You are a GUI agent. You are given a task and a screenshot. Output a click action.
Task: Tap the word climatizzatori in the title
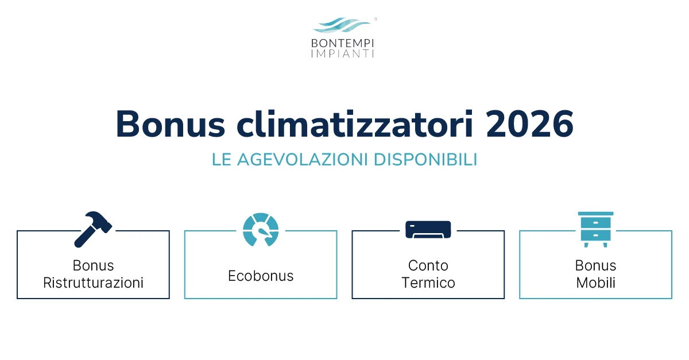pos(350,123)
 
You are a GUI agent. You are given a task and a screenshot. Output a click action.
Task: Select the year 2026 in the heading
pos(529,123)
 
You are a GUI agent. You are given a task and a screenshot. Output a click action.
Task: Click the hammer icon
pos(93,229)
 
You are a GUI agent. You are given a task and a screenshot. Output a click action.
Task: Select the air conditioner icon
pos(428,229)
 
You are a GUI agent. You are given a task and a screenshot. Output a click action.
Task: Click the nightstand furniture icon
pos(595,229)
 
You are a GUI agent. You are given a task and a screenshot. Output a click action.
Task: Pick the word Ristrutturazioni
pos(94,283)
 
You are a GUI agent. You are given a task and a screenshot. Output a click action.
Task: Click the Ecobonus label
pos(261,276)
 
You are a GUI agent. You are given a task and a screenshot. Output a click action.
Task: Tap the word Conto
pos(428,266)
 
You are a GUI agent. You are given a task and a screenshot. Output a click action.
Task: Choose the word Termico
pos(428,283)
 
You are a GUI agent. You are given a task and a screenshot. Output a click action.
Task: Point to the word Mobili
pos(596,283)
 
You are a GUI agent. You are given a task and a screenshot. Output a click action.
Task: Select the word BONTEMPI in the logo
pos(343,42)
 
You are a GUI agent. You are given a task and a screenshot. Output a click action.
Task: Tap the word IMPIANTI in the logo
pos(343,53)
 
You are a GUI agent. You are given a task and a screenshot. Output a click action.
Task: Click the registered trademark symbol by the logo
pos(376,19)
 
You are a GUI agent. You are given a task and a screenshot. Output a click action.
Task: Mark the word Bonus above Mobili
pos(596,266)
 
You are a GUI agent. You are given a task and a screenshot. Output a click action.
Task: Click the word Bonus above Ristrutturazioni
pos(94,266)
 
